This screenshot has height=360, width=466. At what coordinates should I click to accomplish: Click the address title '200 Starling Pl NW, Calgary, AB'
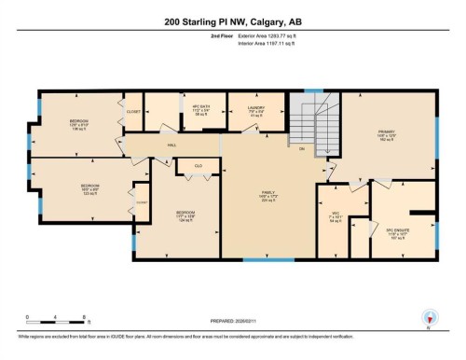point(232,21)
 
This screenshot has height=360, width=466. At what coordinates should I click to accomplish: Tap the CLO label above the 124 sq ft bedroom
point(199,167)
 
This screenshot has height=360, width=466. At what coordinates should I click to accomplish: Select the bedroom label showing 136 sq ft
point(78,125)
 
